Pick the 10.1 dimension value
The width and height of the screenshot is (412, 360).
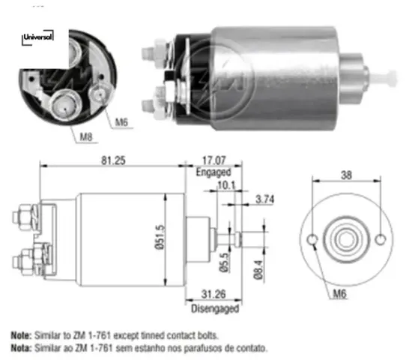point(224,184)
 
